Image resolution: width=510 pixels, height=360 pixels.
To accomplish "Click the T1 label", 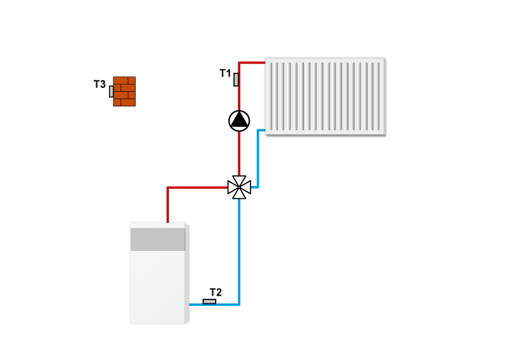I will (225, 73).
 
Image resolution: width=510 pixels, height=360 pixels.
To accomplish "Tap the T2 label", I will (216, 292).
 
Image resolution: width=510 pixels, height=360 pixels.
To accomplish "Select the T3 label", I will (99, 84).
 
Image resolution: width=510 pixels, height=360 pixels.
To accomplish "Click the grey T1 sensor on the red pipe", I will (237, 80).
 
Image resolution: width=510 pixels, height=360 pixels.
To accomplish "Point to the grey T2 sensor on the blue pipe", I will (209, 301).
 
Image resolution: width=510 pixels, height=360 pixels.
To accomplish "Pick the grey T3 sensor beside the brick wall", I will (112, 91).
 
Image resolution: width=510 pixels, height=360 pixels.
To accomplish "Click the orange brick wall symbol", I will (125, 91).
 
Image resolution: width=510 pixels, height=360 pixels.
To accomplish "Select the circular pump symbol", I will (239, 120).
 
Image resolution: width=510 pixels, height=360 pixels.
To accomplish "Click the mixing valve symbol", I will (239, 187).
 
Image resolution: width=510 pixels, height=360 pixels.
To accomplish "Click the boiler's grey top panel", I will (158, 239).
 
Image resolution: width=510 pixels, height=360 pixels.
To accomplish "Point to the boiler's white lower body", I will (158, 287).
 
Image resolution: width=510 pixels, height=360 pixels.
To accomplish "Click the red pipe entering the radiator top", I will (252, 62).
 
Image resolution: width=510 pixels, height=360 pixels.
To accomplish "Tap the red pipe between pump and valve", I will (239, 153).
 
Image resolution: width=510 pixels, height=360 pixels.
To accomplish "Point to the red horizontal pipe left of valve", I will (198, 187).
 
